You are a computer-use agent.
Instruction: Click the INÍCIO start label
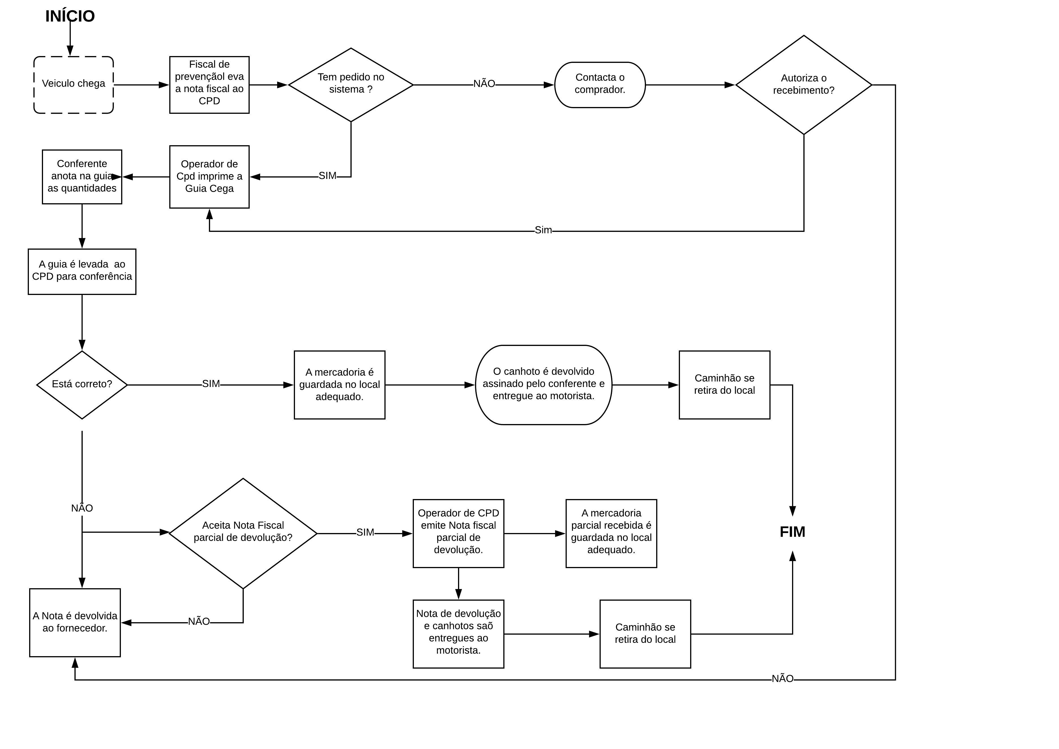tap(70, 16)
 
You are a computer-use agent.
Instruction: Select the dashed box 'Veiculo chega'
tap(74, 85)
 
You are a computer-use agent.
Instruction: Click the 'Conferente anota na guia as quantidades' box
tap(82, 177)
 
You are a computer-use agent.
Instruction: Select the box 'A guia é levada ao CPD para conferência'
tap(82, 272)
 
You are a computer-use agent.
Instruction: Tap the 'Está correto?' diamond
tap(82, 385)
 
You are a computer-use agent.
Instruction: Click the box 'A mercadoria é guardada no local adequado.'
tap(339, 385)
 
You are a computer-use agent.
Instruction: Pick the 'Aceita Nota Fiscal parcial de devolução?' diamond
tap(243, 534)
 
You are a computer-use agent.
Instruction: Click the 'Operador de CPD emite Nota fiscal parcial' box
tap(459, 534)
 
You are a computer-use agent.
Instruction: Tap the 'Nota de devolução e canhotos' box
tap(459, 634)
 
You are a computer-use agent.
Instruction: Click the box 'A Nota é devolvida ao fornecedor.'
tap(75, 623)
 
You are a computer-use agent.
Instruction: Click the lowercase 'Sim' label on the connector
tap(543, 230)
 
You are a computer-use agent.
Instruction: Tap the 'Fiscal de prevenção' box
tap(209, 85)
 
